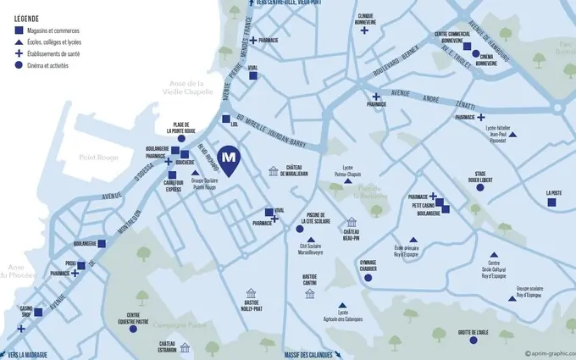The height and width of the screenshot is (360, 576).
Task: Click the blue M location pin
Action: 228,158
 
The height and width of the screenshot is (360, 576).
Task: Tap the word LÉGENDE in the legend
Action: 26,17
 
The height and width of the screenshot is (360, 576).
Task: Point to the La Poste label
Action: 554,193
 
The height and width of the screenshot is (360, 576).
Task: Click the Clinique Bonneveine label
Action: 365,19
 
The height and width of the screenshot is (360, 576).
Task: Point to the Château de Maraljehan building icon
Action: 273,172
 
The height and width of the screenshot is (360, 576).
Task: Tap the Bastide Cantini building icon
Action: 310,293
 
